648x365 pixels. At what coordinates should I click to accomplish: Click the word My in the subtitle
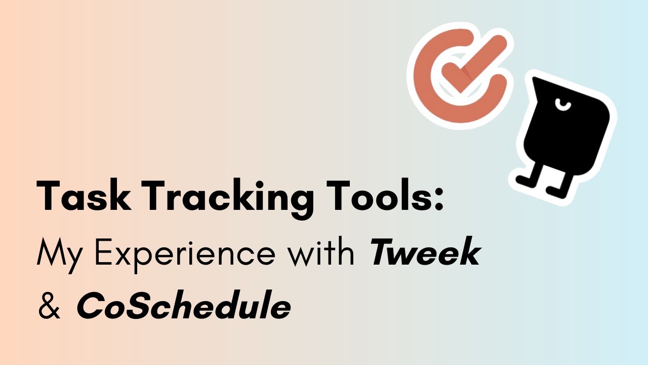pos(54,253)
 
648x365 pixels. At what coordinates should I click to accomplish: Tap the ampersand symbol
pos(49,306)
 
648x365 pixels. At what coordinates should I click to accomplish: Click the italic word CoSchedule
pos(183,306)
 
